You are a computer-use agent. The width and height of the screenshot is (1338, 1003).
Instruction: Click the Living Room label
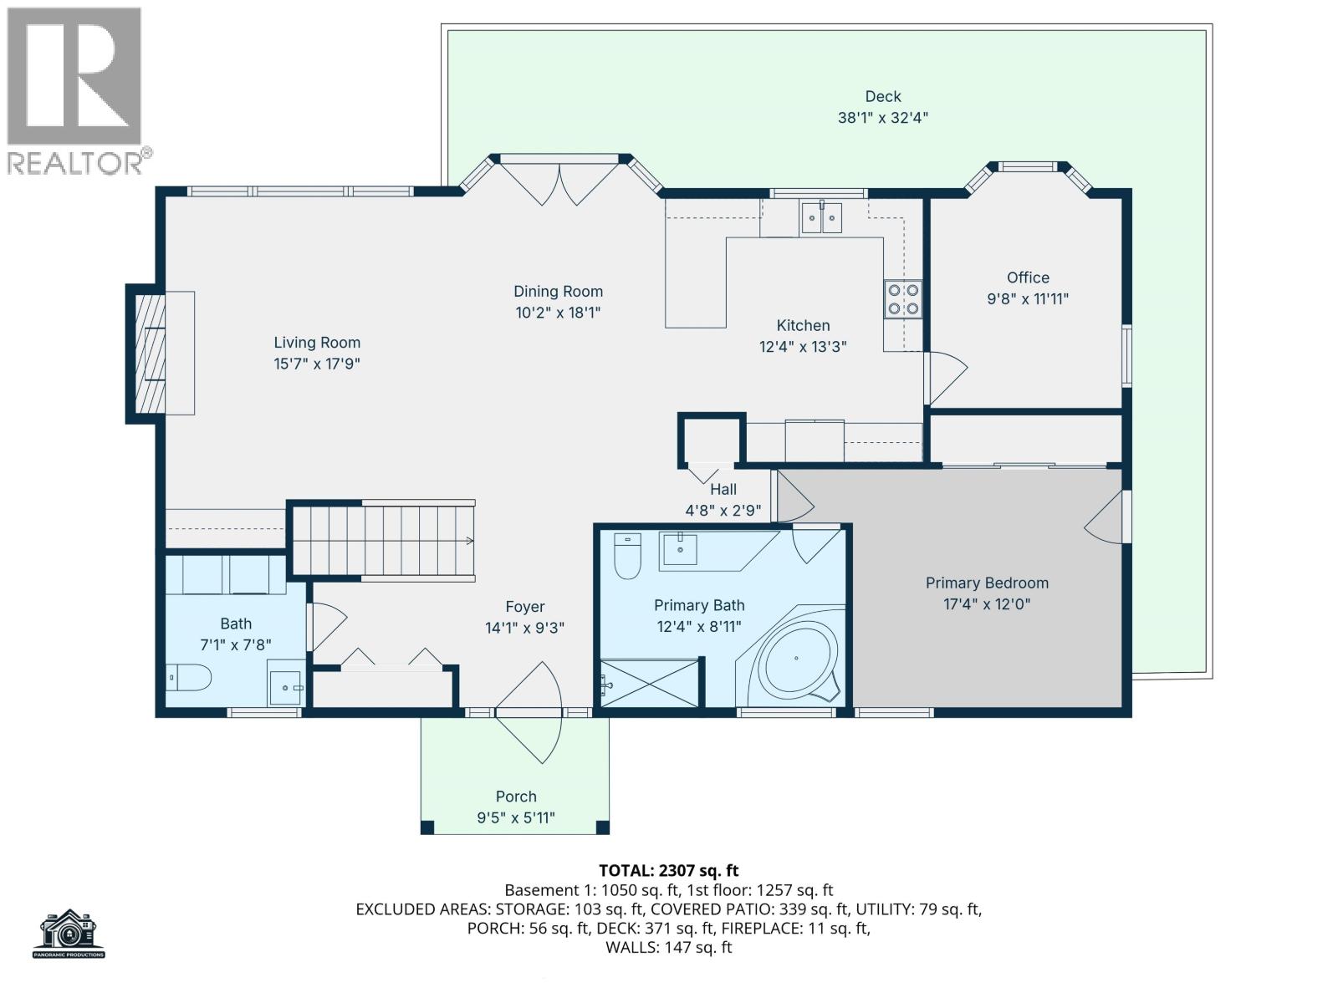click(x=317, y=342)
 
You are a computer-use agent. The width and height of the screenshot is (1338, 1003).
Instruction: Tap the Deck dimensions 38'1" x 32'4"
click(x=882, y=118)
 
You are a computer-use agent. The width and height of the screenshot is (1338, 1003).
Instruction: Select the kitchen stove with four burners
click(x=903, y=299)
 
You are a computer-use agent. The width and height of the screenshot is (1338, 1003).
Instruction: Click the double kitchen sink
click(x=821, y=217)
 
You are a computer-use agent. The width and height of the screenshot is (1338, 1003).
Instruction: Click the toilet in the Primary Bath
click(x=627, y=556)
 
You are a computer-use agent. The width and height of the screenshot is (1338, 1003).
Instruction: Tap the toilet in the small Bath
click(x=189, y=677)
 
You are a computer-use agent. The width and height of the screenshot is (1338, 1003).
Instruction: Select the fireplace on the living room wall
click(x=151, y=353)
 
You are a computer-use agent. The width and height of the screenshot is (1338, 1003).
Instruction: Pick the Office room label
click(x=1028, y=277)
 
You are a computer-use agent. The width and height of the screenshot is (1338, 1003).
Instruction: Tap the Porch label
click(x=516, y=797)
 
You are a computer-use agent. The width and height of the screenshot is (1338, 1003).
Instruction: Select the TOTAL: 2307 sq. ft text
click(x=668, y=870)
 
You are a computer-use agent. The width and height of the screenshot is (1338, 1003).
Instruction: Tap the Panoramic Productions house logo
click(x=69, y=933)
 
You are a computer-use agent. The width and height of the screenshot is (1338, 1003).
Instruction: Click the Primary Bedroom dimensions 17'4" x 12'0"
click(x=987, y=603)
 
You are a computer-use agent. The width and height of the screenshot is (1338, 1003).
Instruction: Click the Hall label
click(x=723, y=490)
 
